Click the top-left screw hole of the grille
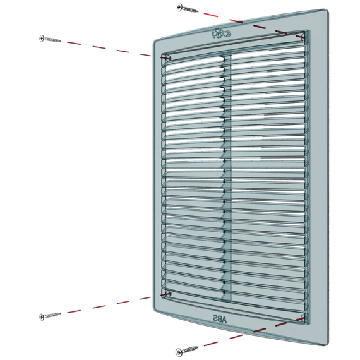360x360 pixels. pos(167,58)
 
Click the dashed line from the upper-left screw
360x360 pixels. pos(107,47)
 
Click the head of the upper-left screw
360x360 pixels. pos(42,38)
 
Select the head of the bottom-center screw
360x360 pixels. pos(179,351)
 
